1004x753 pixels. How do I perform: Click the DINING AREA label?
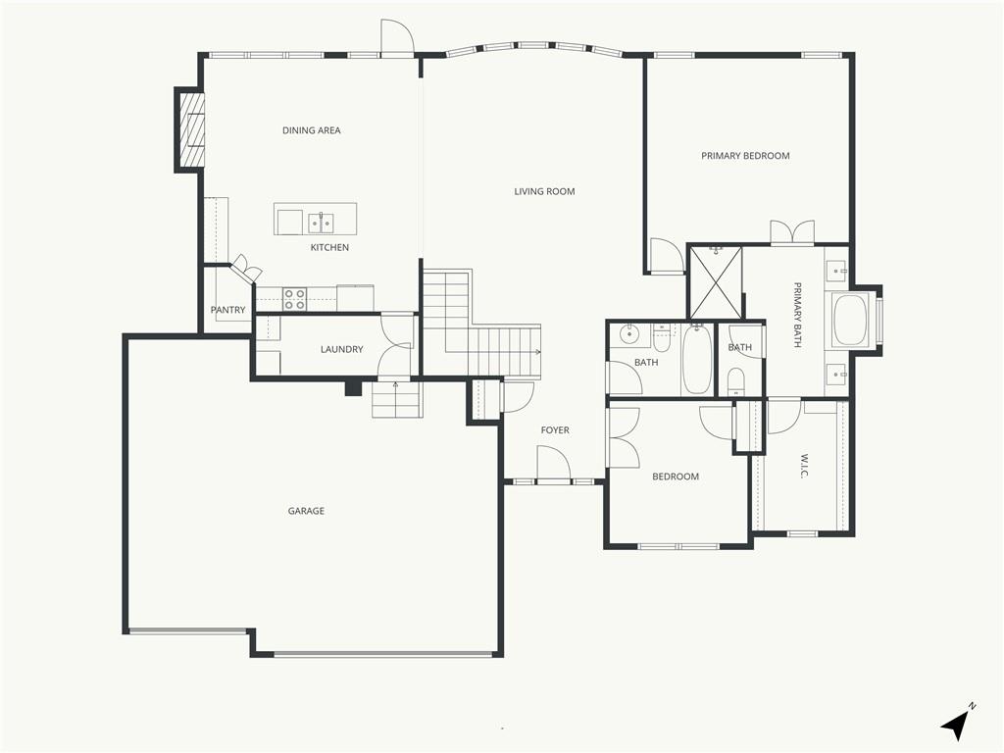pos(311,130)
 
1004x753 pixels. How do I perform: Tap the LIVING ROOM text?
pos(544,191)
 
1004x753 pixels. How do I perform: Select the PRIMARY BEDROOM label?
pos(745,156)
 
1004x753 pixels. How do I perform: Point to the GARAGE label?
pos(306,511)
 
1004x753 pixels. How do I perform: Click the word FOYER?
pos(555,430)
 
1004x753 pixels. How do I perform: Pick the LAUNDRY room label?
pos(342,350)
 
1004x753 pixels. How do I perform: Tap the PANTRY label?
pos(227,310)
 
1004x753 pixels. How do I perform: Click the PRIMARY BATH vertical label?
pos(798,315)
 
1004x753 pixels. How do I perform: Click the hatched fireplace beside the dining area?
pos(191,130)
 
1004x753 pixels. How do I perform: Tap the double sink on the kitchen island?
pos(321,223)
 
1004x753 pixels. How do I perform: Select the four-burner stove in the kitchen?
pos(294,299)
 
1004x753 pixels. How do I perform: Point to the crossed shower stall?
pos(715,282)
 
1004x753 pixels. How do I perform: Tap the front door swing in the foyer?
pos(553,463)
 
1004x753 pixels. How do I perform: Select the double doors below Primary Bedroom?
pos(792,231)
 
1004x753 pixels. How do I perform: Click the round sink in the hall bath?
pos(629,332)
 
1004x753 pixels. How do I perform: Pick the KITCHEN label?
pos(329,248)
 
